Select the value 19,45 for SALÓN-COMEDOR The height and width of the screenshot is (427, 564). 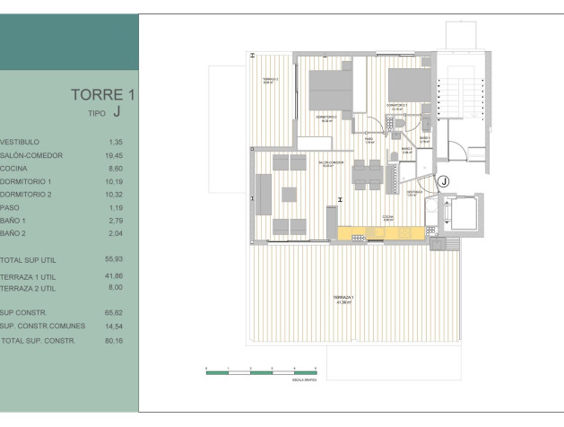(115, 155)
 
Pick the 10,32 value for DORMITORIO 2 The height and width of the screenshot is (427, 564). (115, 194)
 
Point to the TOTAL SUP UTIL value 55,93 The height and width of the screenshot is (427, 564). (115, 259)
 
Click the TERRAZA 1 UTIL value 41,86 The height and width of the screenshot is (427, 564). (115, 275)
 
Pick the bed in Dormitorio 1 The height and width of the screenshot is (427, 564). (408, 86)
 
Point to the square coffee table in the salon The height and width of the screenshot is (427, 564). (289, 193)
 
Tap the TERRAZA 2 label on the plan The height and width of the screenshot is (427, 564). (270, 81)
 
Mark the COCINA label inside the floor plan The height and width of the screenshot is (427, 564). (386, 217)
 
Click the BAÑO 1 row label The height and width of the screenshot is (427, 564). (14, 220)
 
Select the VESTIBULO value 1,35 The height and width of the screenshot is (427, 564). (115, 142)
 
